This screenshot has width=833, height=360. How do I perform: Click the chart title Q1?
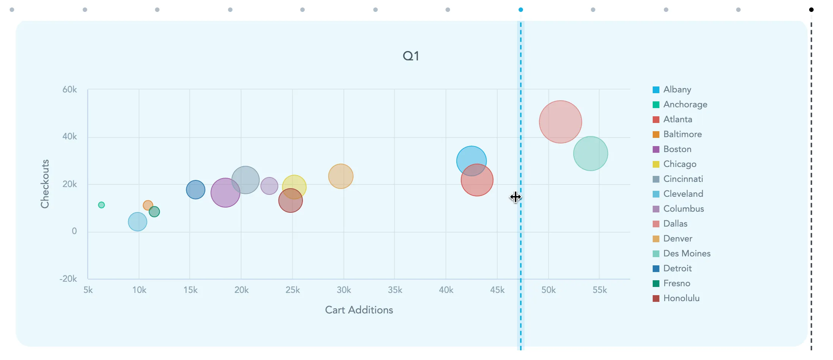[411, 56]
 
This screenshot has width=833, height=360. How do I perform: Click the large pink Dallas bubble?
[560, 121]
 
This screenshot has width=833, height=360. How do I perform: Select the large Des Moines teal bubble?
[590, 154]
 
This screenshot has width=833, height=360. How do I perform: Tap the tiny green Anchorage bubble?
[101, 205]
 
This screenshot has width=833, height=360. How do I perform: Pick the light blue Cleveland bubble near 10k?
[137, 222]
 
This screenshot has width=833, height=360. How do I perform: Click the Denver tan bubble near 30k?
[341, 176]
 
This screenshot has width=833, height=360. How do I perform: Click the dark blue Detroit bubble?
[196, 189]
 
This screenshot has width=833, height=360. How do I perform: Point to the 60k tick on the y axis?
[70, 89]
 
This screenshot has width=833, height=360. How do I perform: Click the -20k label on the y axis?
[68, 279]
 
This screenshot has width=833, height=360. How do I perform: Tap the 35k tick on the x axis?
[395, 290]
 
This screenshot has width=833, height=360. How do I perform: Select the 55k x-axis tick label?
[599, 290]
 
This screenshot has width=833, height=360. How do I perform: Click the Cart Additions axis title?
[359, 310]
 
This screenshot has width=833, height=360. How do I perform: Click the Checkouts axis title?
[45, 184]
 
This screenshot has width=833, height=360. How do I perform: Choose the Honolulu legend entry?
[681, 298]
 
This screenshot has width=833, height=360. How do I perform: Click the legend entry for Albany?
[677, 89]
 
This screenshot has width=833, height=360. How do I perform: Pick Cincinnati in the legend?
[683, 179]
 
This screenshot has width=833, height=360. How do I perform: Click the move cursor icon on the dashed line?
[516, 197]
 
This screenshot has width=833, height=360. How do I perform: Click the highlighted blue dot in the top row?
[520, 10]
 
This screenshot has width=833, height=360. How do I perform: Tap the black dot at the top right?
[811, 10]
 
